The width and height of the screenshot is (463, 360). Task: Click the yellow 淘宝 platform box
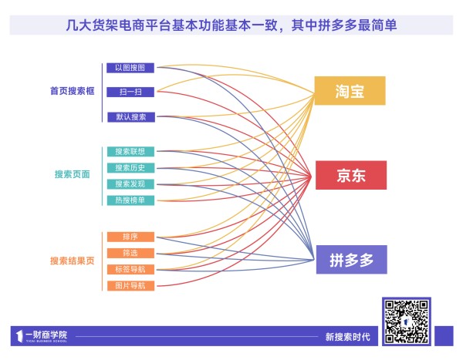pos(350,91)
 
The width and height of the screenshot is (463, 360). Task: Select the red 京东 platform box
pos(351,175)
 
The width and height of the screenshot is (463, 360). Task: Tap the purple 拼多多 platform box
pos(352,260)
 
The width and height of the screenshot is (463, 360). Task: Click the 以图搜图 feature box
pos(130,68)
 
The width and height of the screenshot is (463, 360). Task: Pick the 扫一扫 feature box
pos(130,92)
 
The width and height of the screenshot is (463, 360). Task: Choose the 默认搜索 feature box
pos(131,117)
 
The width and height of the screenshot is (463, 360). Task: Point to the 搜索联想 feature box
pos(130,152)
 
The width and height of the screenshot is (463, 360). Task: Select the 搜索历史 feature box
pos(130,168)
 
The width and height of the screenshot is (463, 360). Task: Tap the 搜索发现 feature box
pos(130,184)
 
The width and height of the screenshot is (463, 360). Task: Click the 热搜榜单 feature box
pos(130,200)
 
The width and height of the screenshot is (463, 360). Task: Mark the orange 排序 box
pos(130,237)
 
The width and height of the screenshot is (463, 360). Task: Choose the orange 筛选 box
pos(130,253)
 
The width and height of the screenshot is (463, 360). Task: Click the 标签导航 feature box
pos(130,269)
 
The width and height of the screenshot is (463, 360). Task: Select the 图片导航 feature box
pos(130,286)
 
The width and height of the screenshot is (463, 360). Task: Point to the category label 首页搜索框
pos(73,91)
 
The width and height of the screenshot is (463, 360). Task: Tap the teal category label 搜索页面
pos(73,174)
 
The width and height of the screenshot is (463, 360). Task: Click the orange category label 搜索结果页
pos(73,261)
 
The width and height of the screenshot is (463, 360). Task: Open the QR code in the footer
pos(407,321)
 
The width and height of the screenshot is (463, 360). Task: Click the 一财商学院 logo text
pos(46,335)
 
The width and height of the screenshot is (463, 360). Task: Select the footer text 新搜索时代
pos(347,337)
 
